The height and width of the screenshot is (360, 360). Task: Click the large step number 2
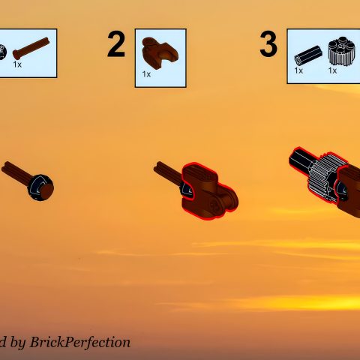[x=116, y=45]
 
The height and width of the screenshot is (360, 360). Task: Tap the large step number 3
[x=268, y=45]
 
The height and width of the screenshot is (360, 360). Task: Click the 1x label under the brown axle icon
[x=17, y=65]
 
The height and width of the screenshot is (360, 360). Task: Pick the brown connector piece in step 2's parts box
[x=158, y=51]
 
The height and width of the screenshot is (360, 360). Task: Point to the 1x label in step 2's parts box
[x=146, y=74]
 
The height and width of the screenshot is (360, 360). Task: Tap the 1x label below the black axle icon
[x=298, y=70]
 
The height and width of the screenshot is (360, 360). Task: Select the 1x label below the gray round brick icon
[x=332, y=70]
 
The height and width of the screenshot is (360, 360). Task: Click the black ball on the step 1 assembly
[x=39, y=187]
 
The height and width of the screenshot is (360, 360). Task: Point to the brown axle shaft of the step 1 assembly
[x=15, y=172]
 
